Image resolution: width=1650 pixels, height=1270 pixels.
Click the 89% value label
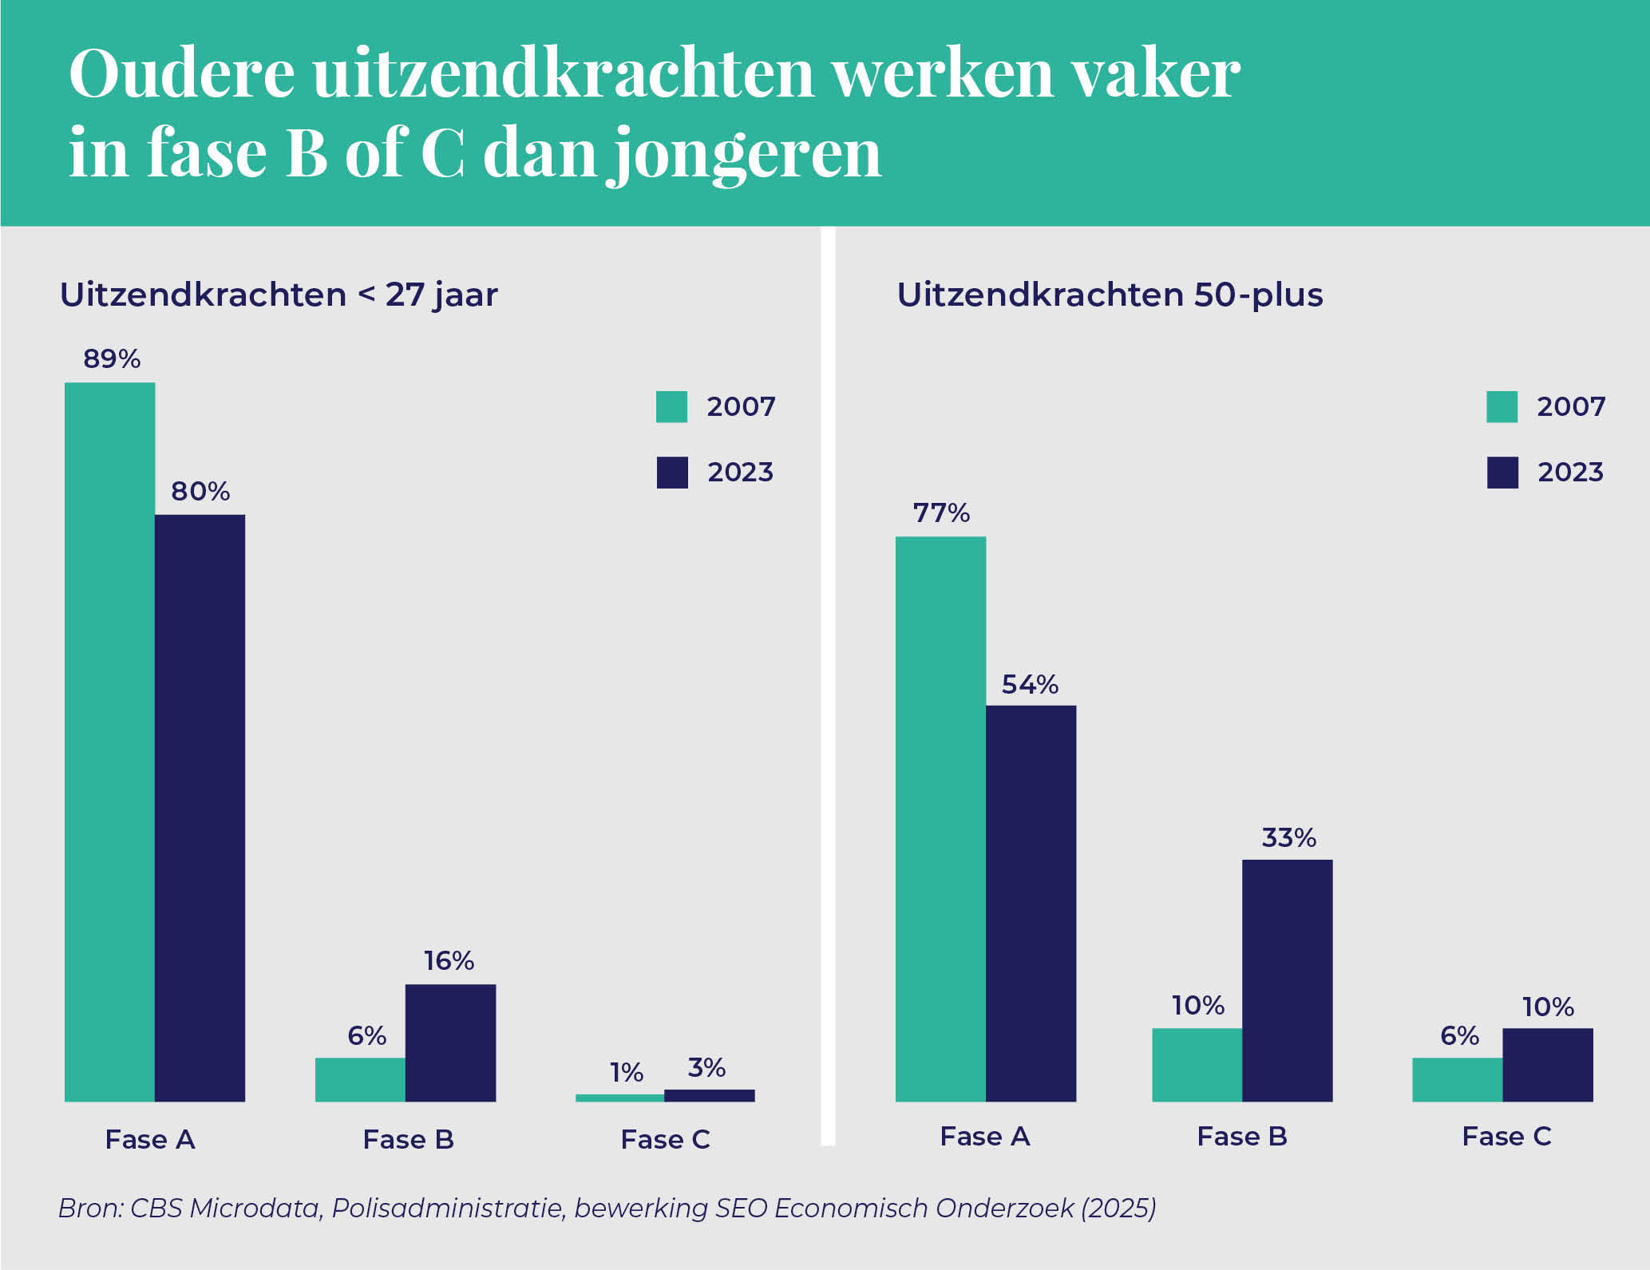(x=112, y=359)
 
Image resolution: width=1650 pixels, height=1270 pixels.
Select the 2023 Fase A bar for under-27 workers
(x=200, y=806)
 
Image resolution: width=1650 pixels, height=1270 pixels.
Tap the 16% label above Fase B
(x=449, y=960)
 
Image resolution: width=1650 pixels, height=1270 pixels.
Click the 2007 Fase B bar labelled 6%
(x=360, y=1079)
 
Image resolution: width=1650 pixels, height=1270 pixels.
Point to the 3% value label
(x=706, y=1068)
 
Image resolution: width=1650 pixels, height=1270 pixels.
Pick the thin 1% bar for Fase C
(x=619, y=1098)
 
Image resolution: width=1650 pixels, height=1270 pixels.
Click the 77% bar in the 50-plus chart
(x=940, y=818)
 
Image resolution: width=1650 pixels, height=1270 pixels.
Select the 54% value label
(x=1030, y=685)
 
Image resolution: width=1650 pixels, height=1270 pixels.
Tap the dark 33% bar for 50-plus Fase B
(x=1287, y=980)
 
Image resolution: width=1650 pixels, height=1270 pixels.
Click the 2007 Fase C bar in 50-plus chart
(x=1457, y=1079)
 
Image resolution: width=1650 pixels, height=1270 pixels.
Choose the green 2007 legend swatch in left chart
(x=671, y=407)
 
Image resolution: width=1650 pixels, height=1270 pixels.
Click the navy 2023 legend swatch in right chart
(x=1502, y=473)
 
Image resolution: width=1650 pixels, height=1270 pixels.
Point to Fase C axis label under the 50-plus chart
(x=1506, y=1136)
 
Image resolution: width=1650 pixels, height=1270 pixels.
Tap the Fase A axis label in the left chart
(x=150, y=1139)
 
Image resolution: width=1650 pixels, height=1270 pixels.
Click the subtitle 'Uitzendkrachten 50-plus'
(x=1110, y=295)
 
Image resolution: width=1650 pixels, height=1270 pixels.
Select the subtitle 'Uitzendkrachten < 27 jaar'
(x=279, y=295)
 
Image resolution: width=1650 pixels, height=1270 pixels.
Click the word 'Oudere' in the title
(x=182, y=74)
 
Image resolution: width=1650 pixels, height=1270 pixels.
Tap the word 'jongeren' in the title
(x=746, y=154)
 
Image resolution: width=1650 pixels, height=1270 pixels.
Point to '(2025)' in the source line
(x=1118, y=1208)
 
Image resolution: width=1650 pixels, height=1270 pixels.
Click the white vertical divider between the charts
(x=828, y=686)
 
